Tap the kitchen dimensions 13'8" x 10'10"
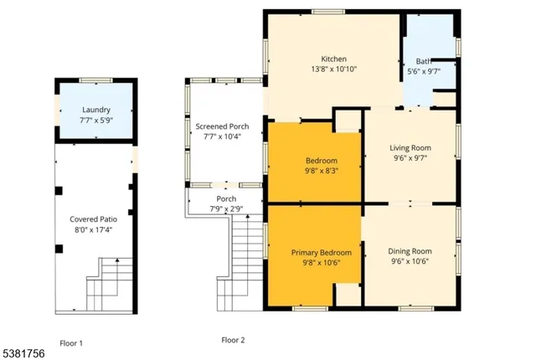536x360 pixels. [334, 70]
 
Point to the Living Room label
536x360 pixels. [410, 148]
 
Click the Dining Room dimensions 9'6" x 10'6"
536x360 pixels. [410, 261]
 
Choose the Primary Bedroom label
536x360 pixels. [321, 252]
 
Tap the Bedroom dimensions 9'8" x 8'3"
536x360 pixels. [321, 171]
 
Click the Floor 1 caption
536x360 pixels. [71, 342]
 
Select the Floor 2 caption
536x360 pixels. [233, 340]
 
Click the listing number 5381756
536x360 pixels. [26, 354]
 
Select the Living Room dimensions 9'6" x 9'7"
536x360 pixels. [410, 159]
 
